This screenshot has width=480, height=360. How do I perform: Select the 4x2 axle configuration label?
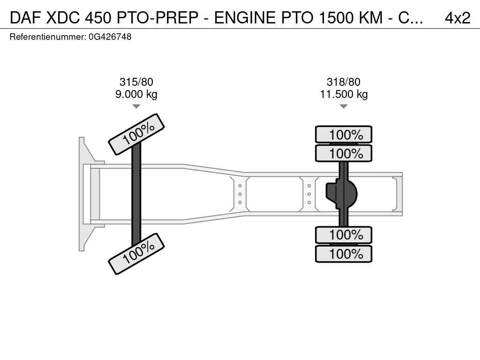[x=457, y=18]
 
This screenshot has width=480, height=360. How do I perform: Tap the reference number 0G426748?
[x=110, y=37]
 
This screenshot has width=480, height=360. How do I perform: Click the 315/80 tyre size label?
[x=136, y=82]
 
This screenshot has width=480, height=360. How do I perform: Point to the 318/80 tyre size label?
[x=344, y=82]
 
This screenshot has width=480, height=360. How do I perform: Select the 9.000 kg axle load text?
[x=136, y=94]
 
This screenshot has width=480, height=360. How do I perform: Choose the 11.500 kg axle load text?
[x=344, y=94]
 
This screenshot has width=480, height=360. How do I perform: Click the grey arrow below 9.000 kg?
[x=136, y=106]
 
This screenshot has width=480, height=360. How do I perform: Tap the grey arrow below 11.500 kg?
[x=344, y=106]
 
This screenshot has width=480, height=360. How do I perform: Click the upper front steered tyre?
[x=136, y=134]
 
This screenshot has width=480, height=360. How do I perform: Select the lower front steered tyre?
[x=136, y=254]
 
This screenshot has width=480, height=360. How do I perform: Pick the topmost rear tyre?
[x=344, y=134]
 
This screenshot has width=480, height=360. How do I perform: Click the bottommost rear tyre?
[x=344, y=254]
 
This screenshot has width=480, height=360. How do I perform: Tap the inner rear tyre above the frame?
[x=344, y=153]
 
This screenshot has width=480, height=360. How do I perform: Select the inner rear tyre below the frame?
[x=344, y=235]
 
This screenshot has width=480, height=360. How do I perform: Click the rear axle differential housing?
[x=341, y=194]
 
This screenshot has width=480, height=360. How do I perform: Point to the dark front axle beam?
[x=136, y=194]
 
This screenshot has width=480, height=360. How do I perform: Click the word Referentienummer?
[x=48, y=37]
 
